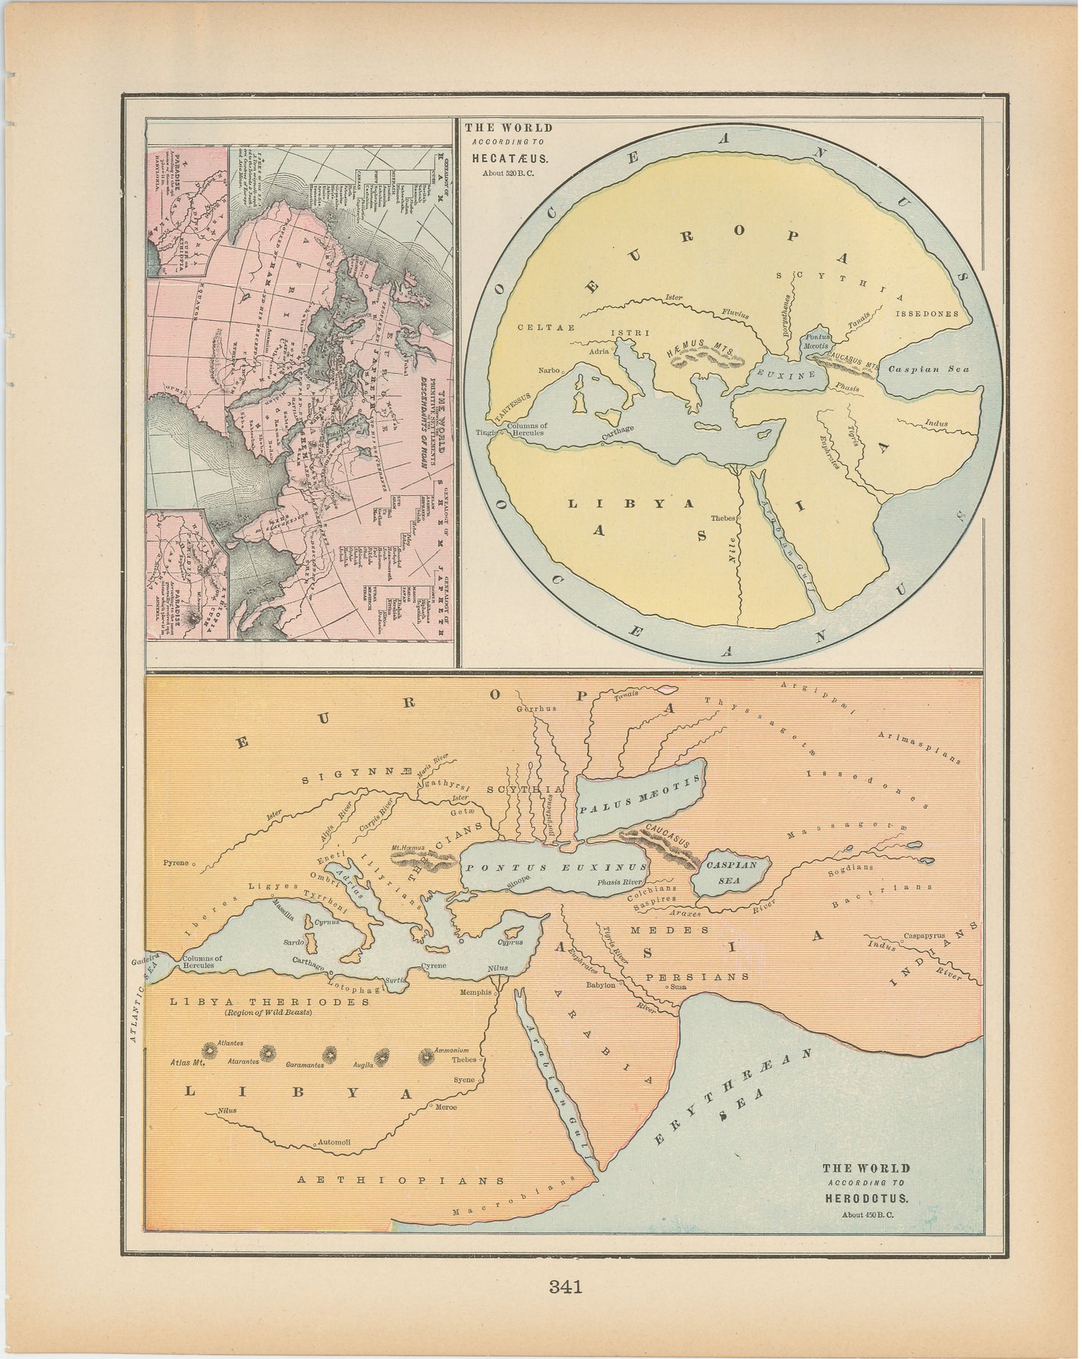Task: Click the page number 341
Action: coord(566,1287)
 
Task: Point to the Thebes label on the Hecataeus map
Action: coord(721,519)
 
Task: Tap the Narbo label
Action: coord(548,371)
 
